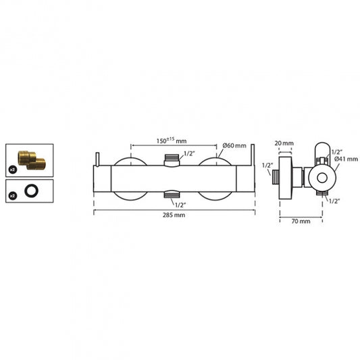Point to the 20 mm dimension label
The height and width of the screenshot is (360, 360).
[284, 143]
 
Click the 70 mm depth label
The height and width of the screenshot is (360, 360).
[301, 221]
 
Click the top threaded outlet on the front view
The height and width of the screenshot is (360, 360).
[172, 159]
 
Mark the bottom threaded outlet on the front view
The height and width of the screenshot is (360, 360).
[172, 194]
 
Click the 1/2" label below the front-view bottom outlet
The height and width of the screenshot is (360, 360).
[180, 203]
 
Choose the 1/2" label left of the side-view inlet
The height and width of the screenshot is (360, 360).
[267, 165]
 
